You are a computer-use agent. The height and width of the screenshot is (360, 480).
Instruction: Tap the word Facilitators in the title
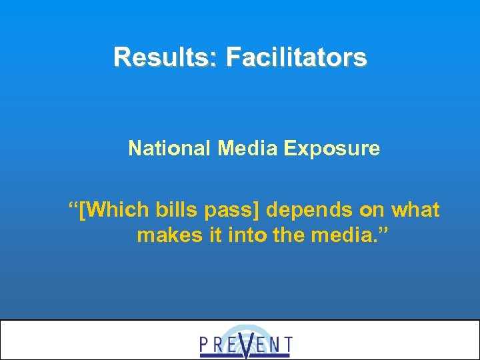tap(296, 57)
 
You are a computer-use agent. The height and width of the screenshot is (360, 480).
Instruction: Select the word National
tap(170, 148)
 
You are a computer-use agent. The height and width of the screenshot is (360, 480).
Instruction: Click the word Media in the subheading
tap(247, 148)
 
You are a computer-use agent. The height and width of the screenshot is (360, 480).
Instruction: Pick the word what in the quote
tap(415, 211)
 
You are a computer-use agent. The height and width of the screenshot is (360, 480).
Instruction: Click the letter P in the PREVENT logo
tap(205, 345)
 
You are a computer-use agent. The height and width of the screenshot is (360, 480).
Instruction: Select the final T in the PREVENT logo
tap(287, 345)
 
